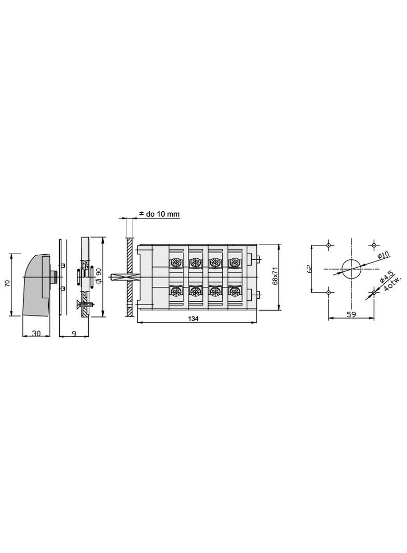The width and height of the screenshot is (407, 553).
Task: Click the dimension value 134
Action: [x=193, y=319]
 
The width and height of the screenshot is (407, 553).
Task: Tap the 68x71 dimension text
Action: [x=276, y=276]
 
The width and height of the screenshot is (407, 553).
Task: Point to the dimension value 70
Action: [x=7, y=283]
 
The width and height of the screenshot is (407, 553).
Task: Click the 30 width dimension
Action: [x=36, y=333]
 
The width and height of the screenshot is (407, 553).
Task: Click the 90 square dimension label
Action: [x=99, y=275]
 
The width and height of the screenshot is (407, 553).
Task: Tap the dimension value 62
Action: [x=309, y=269]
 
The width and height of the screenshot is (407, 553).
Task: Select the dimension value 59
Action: [x=351, y=314]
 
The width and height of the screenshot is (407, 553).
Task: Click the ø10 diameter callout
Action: [x=383, y=255]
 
